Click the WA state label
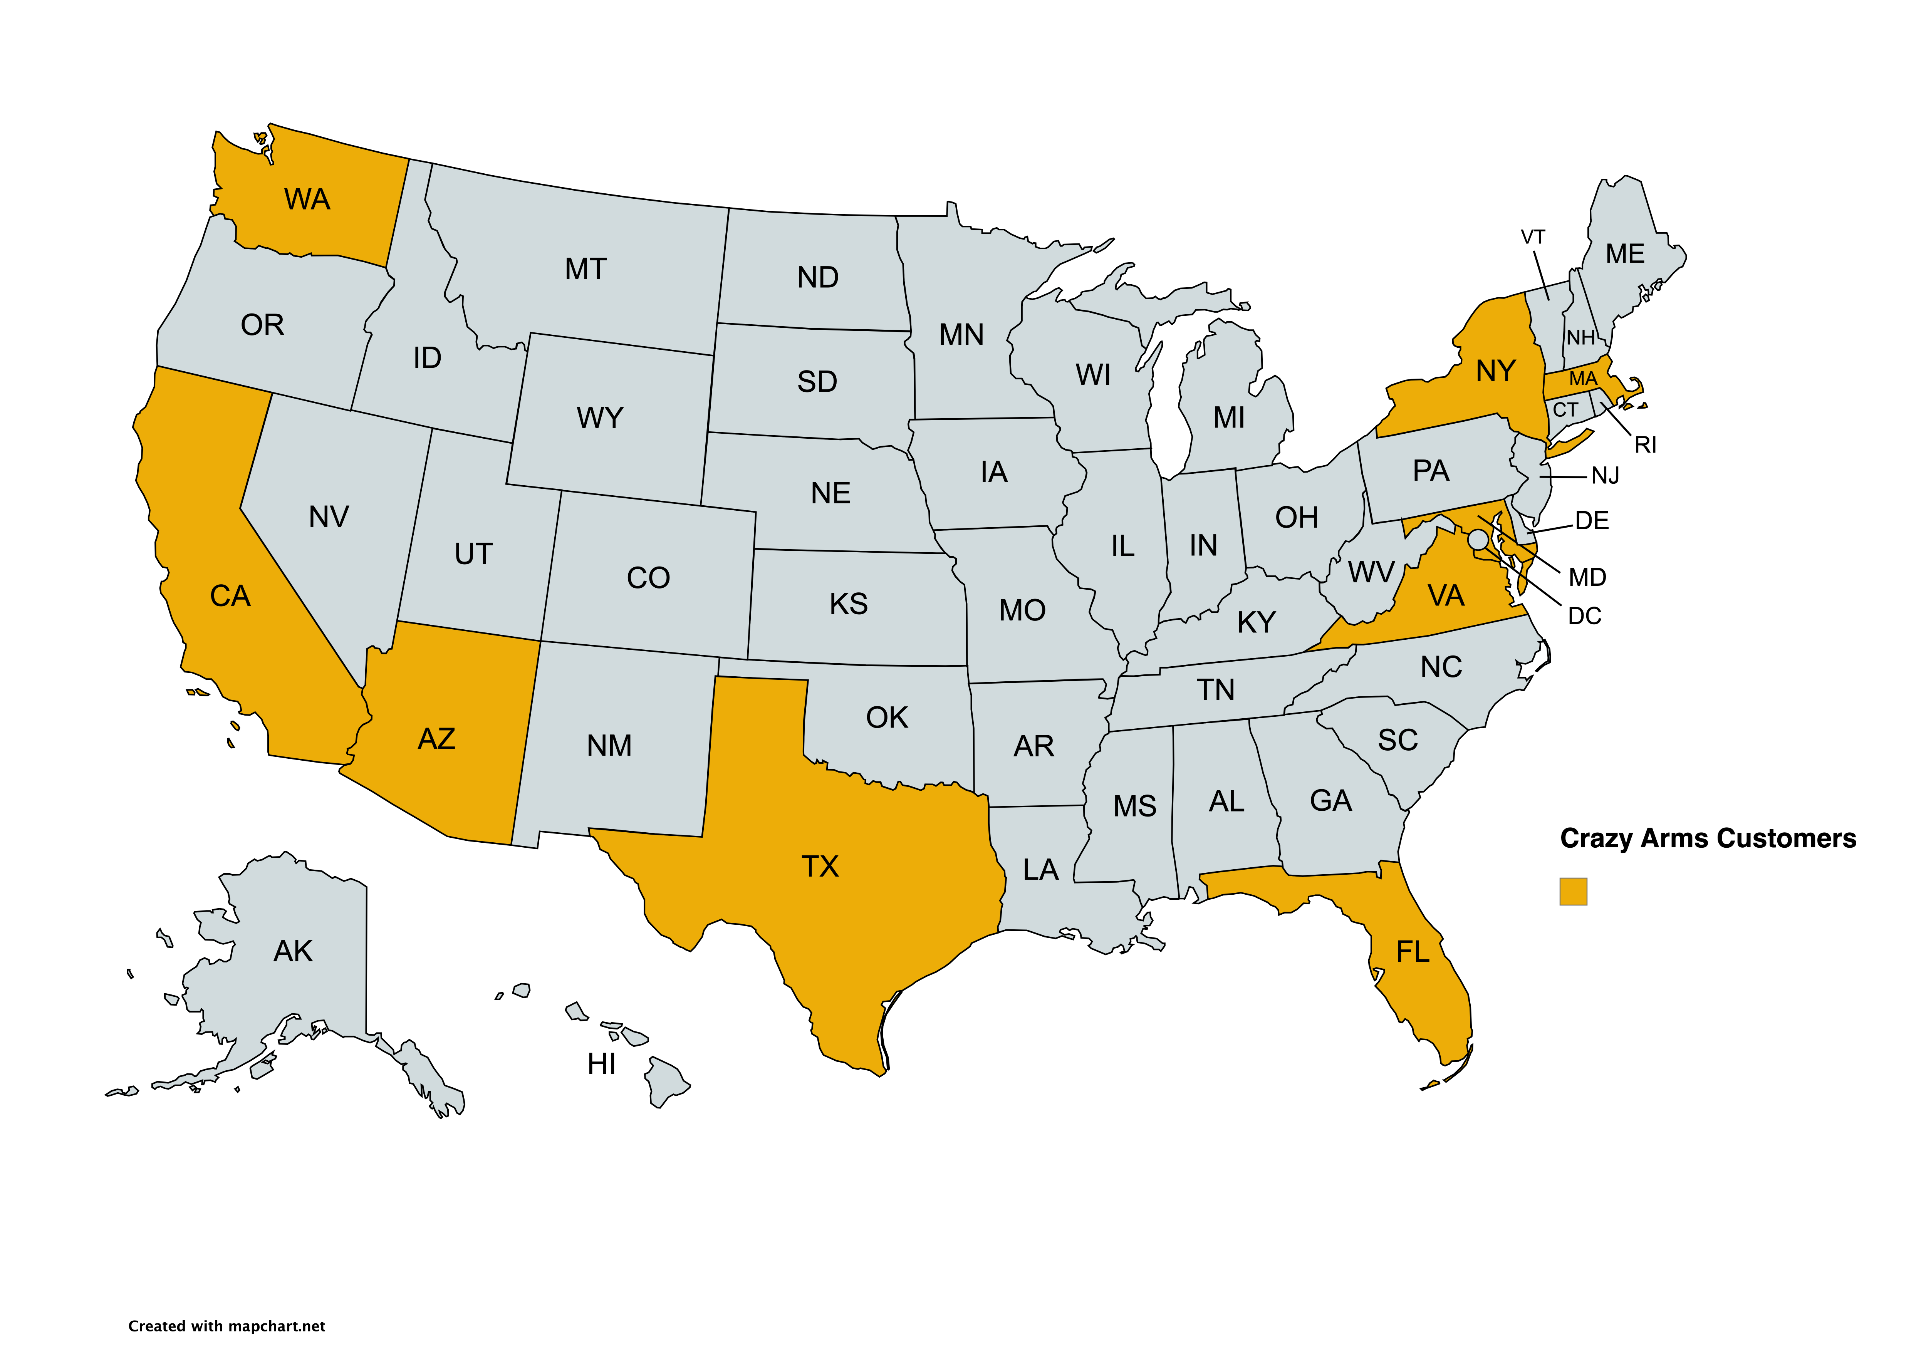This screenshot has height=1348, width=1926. point(307,200)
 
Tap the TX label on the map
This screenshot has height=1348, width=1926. point(820,867)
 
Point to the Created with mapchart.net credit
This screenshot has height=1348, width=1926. point(226,1326)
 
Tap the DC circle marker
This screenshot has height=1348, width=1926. point(1478,539)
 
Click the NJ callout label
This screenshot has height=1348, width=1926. point(1605,476)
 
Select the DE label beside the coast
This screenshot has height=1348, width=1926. point(1591,521)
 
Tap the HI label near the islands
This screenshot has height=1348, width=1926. point(601,1065)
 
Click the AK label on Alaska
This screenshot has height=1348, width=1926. point(293,951)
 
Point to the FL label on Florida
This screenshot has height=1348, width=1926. point(1413,952)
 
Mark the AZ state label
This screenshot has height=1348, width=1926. point(436,739)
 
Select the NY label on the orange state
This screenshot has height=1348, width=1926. point(1496,371)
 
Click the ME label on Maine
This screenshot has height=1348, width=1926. point(1625,254)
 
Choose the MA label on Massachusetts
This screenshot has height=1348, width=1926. point(1583,379)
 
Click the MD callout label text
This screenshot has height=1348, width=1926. point(1587,577)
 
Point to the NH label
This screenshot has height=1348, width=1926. point(1580,338)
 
